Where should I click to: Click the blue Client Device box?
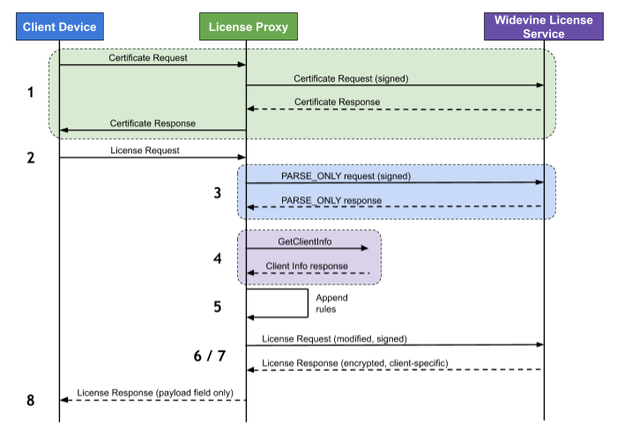click(x=60, y=27)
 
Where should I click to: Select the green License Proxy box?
click(x=247, y=27)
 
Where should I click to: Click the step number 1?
click(x=31, y=92)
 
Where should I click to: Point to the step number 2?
click(x=31, y=158)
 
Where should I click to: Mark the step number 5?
click(x=217, y=307)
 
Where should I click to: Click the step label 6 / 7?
click(x=209, y=356)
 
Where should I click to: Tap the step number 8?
click(x=31, y=400)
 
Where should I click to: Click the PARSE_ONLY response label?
click(x=331, y=200)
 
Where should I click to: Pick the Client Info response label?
click(x=307, y=266)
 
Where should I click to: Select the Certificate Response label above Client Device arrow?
click(x=152, y=123)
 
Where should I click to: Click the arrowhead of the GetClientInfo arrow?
click(x=364, y=248)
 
